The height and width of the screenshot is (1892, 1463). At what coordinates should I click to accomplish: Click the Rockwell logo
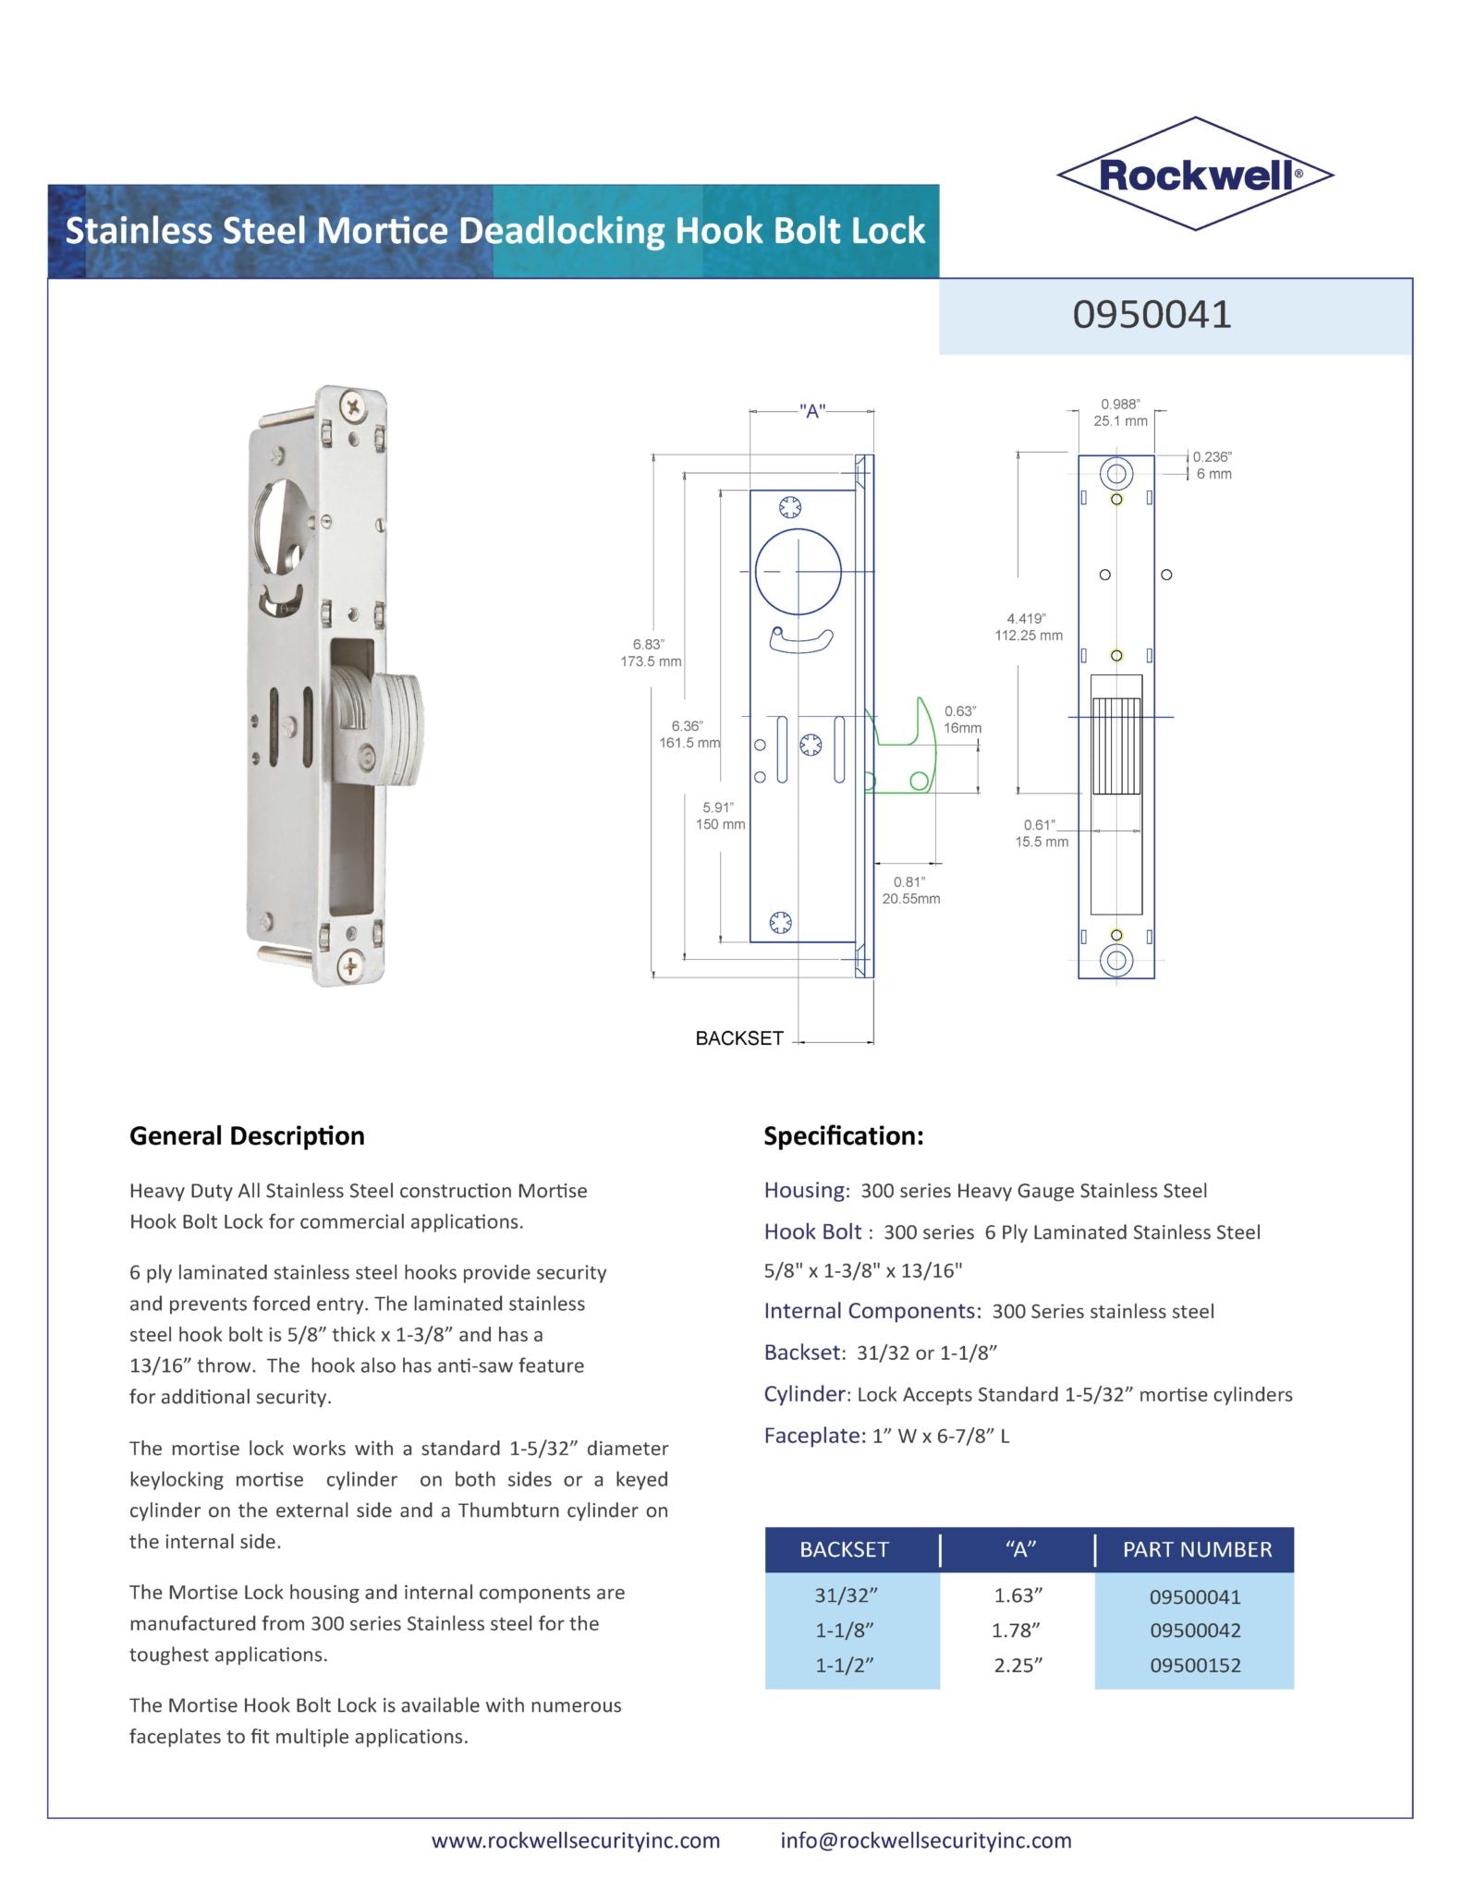1195,174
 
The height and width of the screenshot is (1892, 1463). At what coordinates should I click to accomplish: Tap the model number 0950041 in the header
1152,315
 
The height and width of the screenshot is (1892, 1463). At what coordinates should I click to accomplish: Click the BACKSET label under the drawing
739,1038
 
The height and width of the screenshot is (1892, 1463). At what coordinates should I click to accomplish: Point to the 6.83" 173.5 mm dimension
650,652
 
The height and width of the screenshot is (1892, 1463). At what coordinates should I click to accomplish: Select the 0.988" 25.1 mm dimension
1120,413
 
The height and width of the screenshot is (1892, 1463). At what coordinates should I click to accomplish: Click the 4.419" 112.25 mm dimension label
1028,627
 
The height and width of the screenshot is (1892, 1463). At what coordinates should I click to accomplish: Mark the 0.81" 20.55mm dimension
910,891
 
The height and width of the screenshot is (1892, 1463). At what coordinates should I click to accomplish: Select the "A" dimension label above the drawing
812,412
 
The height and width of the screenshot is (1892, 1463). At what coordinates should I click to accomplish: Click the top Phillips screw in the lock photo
353,404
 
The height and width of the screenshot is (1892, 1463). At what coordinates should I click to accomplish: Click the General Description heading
247,1136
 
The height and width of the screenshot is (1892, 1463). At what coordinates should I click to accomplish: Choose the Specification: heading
843,1136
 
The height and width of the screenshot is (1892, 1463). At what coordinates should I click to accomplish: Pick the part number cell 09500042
1194,1631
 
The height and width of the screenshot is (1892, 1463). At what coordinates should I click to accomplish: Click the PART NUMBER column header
1197,1549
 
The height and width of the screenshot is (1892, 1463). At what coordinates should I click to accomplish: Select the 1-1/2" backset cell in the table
844,1665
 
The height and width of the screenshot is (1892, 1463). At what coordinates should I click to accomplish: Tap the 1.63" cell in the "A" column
1018,1595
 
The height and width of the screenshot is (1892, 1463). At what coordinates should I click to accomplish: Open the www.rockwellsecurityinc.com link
576,1840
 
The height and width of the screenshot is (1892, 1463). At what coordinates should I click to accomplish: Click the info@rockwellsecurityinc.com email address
925,1840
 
